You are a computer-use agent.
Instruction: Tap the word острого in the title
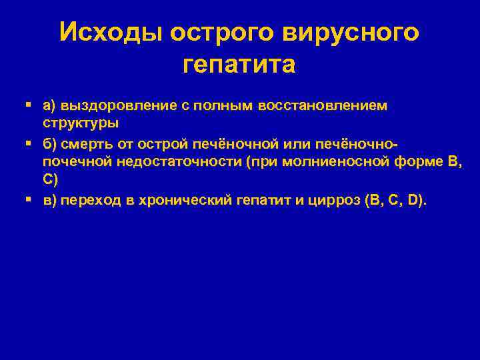click(x=215, y=31)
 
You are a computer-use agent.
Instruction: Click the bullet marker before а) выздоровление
click(x=27, y=105)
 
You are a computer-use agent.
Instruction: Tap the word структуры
click(x=81, y=123)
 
